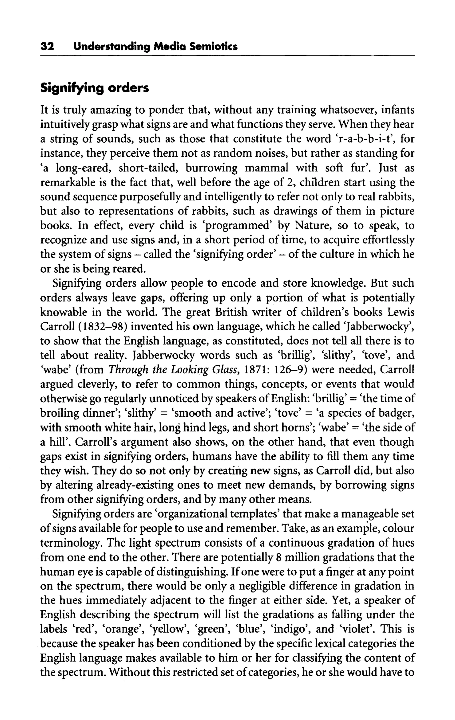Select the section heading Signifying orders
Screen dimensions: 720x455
pyautogui.click(x=95, y=89)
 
